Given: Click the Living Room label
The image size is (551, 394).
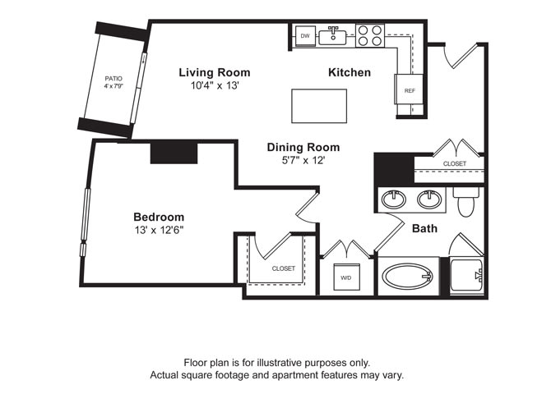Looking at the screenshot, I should (x=215, y=72).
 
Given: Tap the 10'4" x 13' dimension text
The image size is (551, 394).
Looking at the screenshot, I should (x=215, y=85).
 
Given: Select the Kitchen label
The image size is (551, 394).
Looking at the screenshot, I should (x=350, y=72).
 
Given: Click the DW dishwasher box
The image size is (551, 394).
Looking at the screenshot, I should (x=305, y=36).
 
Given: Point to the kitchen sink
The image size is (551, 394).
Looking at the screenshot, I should (x=335, y=35).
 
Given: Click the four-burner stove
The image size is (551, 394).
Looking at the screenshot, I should (x=369, y=35).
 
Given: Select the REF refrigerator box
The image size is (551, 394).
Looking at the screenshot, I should (x=409, y=90).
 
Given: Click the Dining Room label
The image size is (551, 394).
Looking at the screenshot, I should (x=303, y=148).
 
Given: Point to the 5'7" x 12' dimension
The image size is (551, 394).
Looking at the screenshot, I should (x=303, y=160).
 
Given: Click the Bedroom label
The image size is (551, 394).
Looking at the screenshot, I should (x=159, y=217).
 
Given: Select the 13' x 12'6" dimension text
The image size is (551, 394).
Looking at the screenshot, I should (x=159, y=230).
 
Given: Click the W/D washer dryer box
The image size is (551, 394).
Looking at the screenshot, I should (x=345, y=277).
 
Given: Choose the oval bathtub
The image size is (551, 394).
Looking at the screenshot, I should (x=410, y=277).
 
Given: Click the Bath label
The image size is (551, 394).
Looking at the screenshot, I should (x=424, y=229).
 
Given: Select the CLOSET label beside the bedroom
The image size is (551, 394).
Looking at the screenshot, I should (x=284, y=268).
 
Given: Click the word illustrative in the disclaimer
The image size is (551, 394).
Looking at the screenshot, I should (x=289, y=362).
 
